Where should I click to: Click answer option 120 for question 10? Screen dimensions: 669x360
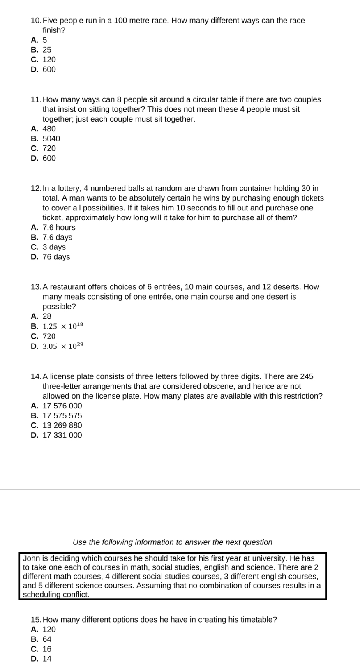[49, 60]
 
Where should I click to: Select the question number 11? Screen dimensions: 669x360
[36, 99]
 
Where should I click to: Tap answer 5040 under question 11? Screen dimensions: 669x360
[51, 138]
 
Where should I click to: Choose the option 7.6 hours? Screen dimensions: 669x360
[59, 227]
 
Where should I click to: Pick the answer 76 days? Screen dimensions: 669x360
[56, 257]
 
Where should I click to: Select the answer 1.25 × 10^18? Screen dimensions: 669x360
[63, 326]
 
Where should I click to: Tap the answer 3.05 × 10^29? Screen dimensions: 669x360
[63, 346]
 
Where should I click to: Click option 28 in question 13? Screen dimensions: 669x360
[47, 316]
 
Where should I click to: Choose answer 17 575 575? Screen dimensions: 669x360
[62, 415]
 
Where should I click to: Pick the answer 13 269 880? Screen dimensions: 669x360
[62, 425]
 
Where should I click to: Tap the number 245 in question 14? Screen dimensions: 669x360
[306, 376]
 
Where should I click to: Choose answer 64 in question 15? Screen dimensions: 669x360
[47, 639]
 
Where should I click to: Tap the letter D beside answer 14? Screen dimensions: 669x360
[34, 659]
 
